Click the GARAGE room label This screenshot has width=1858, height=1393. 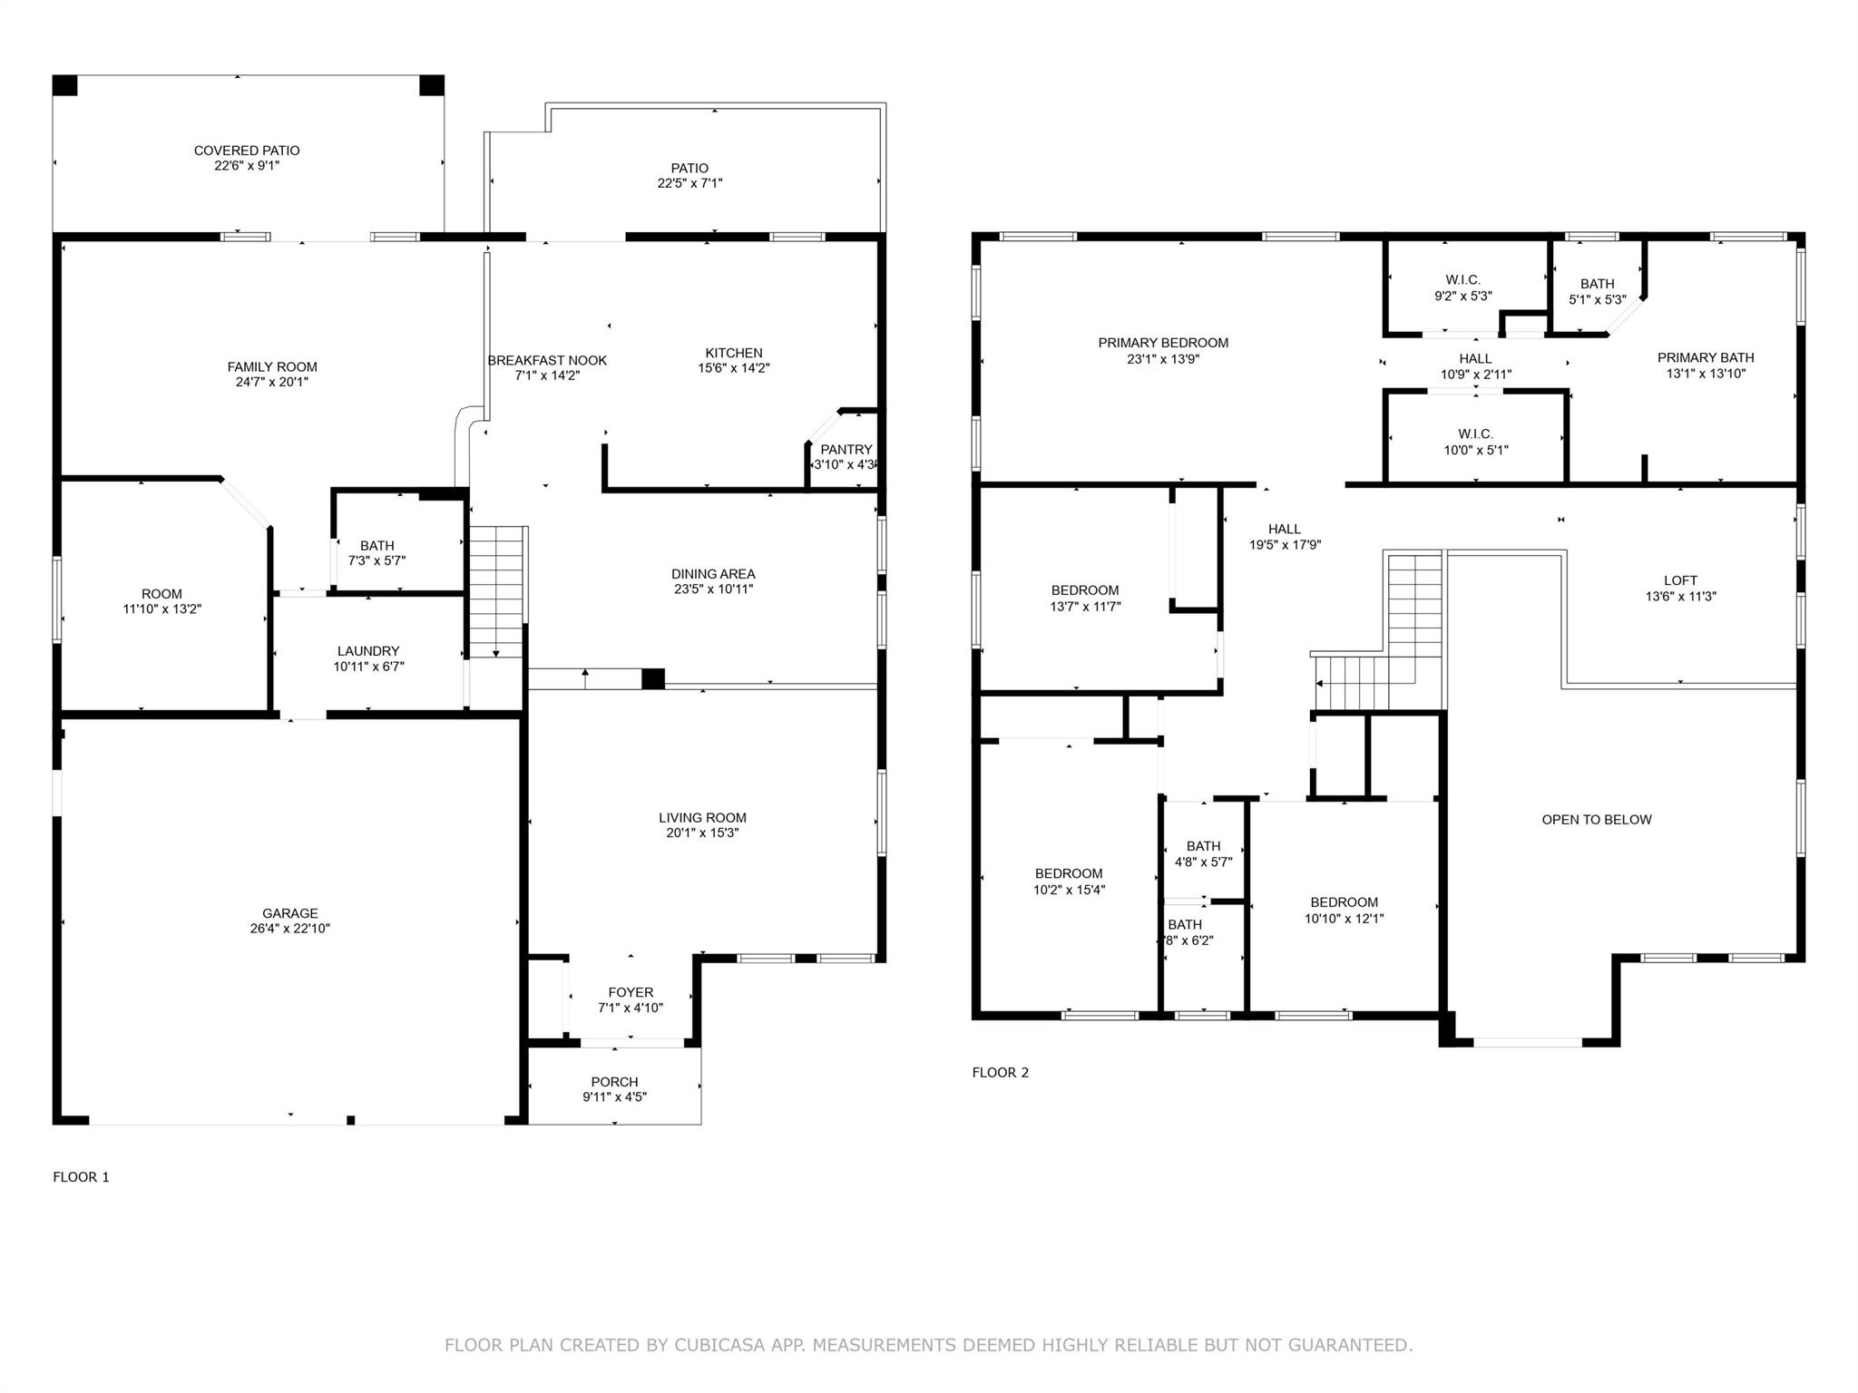click(x=290, y=913)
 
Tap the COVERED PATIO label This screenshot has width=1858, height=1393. click(x=247, y=151)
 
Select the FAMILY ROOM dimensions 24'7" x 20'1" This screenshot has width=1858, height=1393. click(x=272, y=383)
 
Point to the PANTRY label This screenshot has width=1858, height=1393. click(x=846, y=450)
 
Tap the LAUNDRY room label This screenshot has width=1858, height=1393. click(x=368, y=651)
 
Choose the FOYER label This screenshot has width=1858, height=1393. click(x=631, y=993)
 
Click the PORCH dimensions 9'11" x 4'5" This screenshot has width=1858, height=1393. click(x=614, y=1097)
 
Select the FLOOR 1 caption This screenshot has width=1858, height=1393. click(x=81, y=1177)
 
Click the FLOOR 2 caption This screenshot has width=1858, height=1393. click(x=1001, y=1073)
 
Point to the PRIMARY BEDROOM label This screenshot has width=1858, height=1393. click(x=1163, y=343)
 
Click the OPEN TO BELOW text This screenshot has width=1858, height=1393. click(x=1597, y=820)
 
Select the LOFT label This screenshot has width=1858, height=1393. click(x=1680, y=580)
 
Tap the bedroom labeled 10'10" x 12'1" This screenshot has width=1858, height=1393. click(x=1344, y=902)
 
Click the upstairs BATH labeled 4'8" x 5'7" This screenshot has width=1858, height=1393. click(x=1203, y=846)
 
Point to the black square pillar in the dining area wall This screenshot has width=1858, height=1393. click(x=653, y=678)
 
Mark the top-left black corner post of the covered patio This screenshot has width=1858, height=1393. click(x=65, y=85)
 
